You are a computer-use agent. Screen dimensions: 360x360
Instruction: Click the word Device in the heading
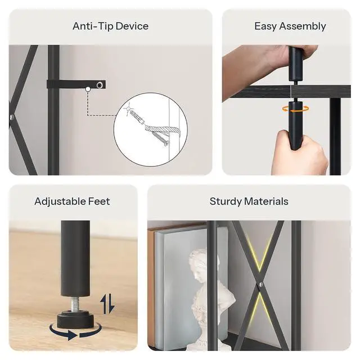click(132, 26)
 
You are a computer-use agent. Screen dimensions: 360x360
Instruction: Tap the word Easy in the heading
click(265, 26)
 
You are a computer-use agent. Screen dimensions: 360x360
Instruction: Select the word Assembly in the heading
click(303, 26)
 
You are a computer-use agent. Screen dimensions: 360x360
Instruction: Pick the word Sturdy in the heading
click(226, 201)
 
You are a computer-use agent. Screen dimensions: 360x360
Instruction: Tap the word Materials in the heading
click(266, 201)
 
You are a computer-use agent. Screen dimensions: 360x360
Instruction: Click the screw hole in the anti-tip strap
click(100, 85)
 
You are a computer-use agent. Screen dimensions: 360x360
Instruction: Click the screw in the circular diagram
click(161, 138)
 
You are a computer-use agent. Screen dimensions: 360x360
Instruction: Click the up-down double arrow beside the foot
click(107, 304)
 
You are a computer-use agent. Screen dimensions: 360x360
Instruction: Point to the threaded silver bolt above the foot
click(75, 304)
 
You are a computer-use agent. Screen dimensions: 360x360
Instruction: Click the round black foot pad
click(75, 319)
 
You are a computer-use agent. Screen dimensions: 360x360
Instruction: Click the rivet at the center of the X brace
click(261, 285)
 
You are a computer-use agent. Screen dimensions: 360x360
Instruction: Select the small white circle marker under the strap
click(88, 89)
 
